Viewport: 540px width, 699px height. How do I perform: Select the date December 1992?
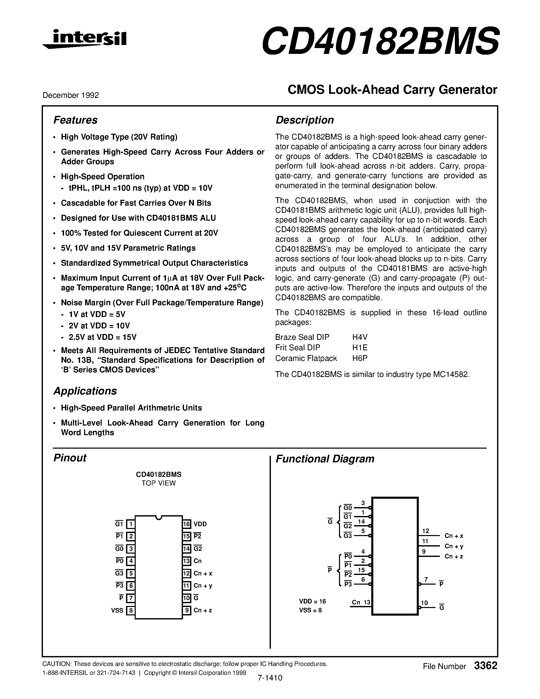pyautogui.click(x=71, y=95)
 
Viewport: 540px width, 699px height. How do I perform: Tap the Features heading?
pyautogui.click(x=75, y=120)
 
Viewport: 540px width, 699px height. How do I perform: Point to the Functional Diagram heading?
pyautogui.click(x=325, y=459)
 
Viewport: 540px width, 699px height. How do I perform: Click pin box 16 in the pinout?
pyautogui.click(x=187, y=524)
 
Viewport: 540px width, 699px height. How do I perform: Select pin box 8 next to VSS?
pyautogui.click(x=131, y=610)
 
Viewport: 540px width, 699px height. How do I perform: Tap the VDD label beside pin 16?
pyautogui.click(x=200, y=524)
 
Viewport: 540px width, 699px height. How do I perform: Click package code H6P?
pyautogui.click(x=360, y=358)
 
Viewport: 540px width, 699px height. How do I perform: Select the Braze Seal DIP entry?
pyautogui.click(x=302, y=337)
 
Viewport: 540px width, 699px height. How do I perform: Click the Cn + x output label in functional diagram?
pyautogui.click(x=454, y=536)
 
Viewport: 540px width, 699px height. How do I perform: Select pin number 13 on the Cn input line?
pyautogui.click(x=367, y=602)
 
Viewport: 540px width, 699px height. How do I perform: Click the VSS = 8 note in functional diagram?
pyautogui.click(x=310, y=610)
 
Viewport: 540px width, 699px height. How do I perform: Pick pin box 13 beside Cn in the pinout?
pyautogui.click(x=187, y=561)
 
